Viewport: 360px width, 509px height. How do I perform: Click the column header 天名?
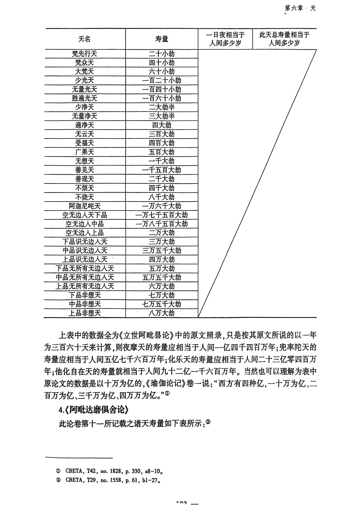click(85, 39)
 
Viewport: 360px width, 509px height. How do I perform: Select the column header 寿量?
click(162, 39)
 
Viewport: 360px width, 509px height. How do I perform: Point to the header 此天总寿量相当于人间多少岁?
click(284, 39)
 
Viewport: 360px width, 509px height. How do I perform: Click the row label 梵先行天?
click(85, 54)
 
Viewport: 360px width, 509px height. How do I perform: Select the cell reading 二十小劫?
click(162, 54)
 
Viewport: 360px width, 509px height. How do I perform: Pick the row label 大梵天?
click(85, 72)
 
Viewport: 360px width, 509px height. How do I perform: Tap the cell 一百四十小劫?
click(162, 89)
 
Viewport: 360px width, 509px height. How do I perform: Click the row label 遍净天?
click(85, 125)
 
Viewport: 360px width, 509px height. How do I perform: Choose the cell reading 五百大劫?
click(162, 152)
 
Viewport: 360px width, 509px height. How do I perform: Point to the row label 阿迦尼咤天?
click(85, 206)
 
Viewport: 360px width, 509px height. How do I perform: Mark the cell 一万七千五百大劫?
click(162, 215)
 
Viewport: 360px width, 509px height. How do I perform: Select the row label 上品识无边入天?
click(85, 259)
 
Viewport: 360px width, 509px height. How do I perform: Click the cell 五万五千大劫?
click(162, 277)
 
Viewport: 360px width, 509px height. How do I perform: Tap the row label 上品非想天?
click(85, 313)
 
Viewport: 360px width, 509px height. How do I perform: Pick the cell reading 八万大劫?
click(162, 313)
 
